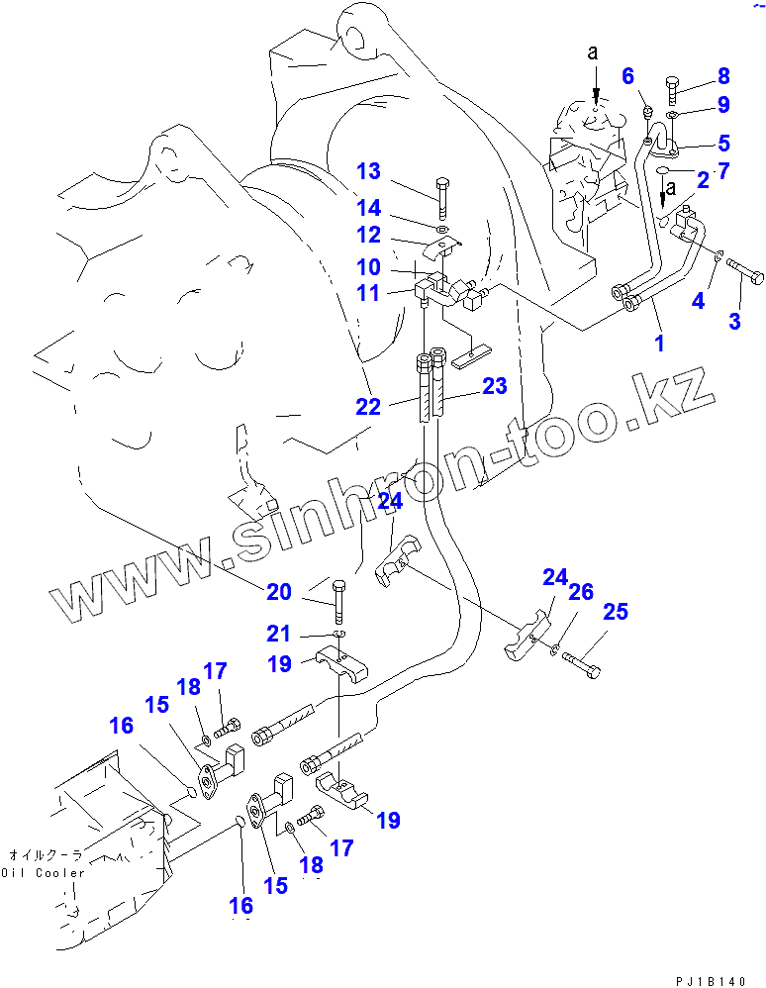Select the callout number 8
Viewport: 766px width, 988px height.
coord(723,75)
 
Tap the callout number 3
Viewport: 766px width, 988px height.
coord(734,321)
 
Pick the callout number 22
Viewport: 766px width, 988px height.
coord(368,405)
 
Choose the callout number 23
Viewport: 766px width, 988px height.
coord(494,386)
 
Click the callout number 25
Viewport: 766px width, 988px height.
coord(616,613)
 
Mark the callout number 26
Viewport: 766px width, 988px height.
coord(581,592)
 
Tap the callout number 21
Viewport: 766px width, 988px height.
coord(279,633)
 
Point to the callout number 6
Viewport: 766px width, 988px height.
coord(627,76)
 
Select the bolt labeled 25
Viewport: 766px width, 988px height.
coord(581,664)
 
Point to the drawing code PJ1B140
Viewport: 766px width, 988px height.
coord(710,980)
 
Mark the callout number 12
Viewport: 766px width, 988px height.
coord(368,236)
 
